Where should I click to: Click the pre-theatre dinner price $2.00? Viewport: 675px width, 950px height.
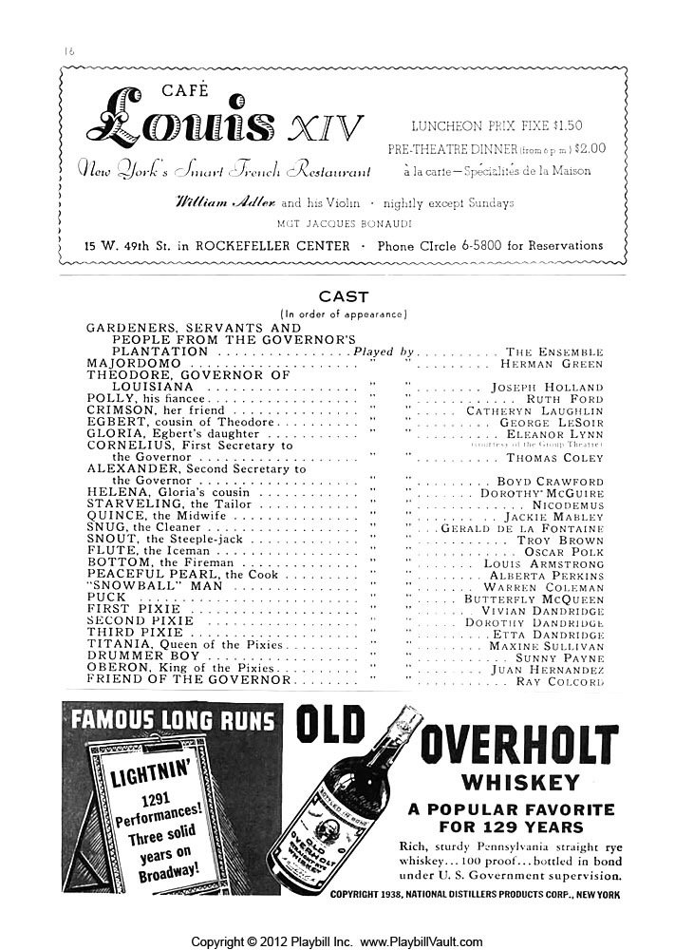[589, 148]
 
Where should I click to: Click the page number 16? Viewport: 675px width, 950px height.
[70, 48]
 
